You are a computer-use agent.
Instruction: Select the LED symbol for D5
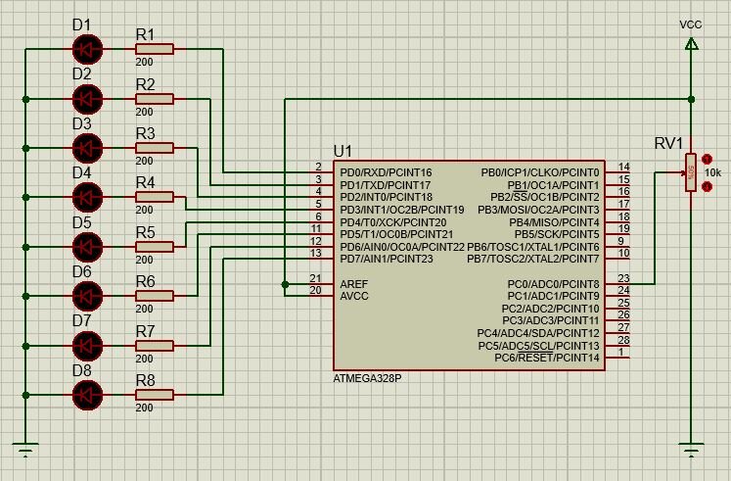pyautogui.click(x=87, y=246)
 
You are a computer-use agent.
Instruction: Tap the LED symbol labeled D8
pyautogui.click(x=87, y=395)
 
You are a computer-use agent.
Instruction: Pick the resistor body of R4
pyautogui.click(x=156, y=197)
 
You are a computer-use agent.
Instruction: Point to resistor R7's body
pyautogui.click(x=156, y=345)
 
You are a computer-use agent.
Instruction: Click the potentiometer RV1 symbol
pyautogui.click(x=691, y=172)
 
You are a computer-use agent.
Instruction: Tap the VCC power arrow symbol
pyautogui.click(x=691, y=44)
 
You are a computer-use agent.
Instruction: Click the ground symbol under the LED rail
pyautogui.click(x=25, y=450)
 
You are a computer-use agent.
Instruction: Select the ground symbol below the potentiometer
pyautogui.click(x=691, y=450)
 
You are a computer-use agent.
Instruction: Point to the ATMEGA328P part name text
pyautogui.click(x=367, y=378)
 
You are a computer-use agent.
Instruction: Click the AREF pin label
pyautogui.click(x=353, y=284)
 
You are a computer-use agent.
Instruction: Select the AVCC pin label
pyautogui.click(x=354, y=296)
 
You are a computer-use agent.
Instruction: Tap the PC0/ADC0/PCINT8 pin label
pyautogui.click(x=553, y=284)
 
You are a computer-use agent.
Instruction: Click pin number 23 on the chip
pyautogui.click(x=623, y=279)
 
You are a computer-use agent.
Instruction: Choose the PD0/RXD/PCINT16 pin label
pyautogui.click(x=386, y=172)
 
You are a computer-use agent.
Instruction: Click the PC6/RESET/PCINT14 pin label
pyautogui.click(x=547, y=358)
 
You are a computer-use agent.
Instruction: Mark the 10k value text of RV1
pyautogui.click(x=712, y=172)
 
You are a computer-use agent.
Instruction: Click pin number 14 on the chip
pyautogui.click(x=623, y=168)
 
